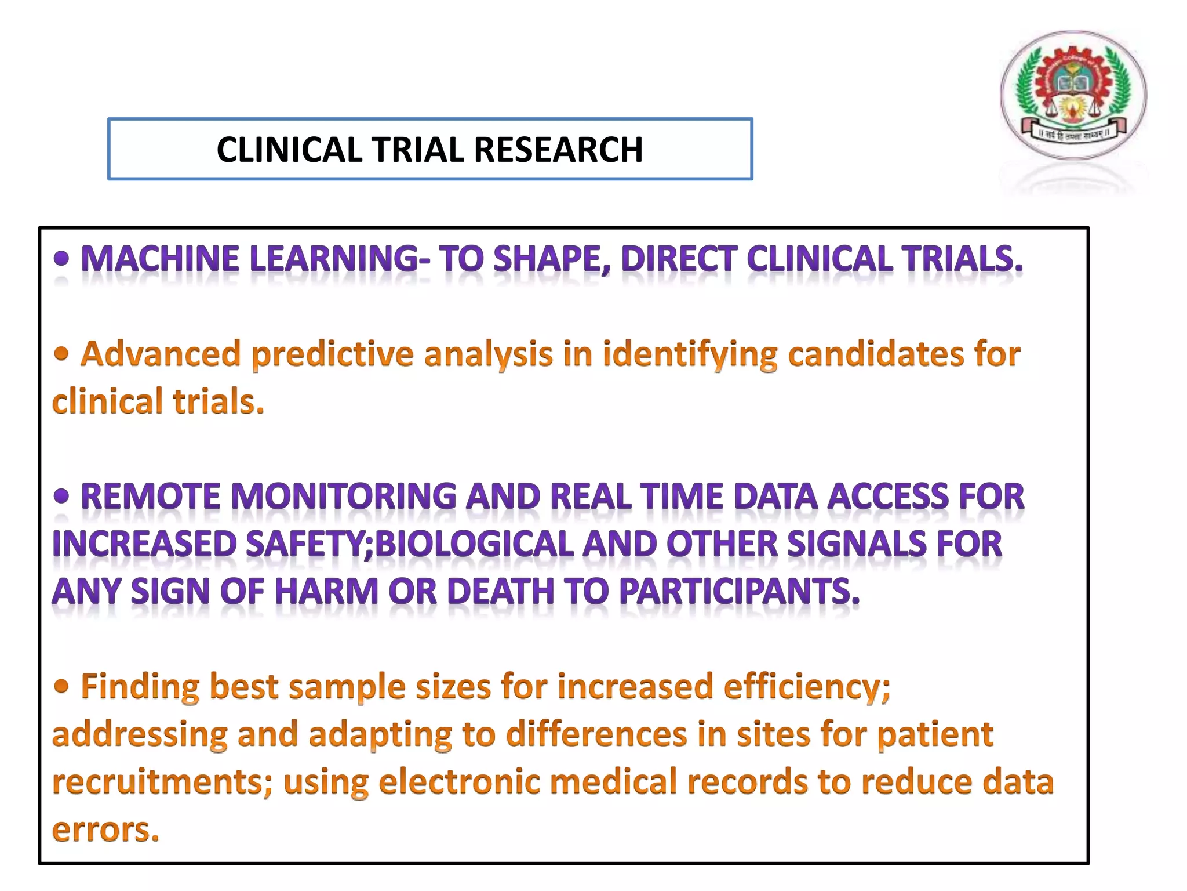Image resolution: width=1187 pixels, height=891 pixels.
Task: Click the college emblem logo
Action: tap(1073, 95)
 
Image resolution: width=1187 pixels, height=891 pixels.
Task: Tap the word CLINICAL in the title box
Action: tap(290, 150)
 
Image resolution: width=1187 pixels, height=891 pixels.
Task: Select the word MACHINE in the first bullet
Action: tap(159, 259)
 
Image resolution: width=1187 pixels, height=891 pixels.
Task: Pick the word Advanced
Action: tap(161, 354)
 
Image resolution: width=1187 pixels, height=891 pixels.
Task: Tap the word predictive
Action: tap(332, 355)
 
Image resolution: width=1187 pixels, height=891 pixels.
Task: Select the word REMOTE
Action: tap(150, 497)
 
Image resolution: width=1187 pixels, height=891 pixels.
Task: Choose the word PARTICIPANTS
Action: tap(739, 592)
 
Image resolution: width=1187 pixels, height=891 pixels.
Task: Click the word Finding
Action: tap(140, 687)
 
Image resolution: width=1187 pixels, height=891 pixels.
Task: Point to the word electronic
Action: tap(459, 782)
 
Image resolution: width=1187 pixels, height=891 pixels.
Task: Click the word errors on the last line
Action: tap(105, 830)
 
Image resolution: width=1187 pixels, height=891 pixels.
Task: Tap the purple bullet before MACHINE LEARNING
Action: tap(61, 259)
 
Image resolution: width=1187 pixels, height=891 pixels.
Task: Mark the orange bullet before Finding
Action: tap(61, 687)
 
